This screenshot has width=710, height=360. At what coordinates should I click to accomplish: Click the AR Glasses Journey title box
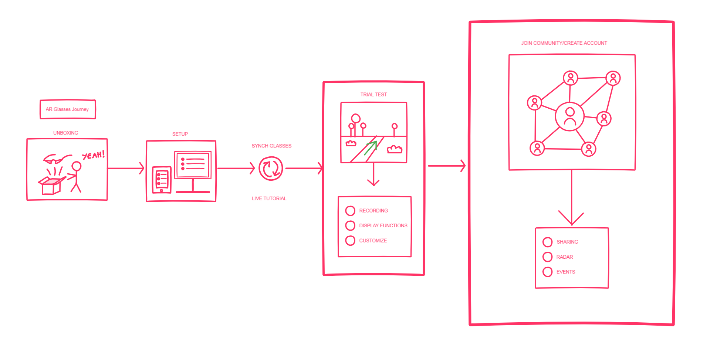pos(68,109)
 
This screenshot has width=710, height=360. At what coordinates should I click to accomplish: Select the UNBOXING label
pos(66,133)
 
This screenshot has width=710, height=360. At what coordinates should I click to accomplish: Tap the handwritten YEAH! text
pos(94,155)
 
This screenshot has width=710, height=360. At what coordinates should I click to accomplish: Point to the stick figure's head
pos(77,166)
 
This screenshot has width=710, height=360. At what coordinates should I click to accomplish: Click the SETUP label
pos(180,134)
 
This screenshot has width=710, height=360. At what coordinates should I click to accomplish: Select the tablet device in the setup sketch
pos(162,180)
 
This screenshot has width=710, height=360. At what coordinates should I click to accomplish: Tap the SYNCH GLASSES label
pos(272,146)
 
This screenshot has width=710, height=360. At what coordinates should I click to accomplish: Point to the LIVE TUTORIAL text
pos(269,198)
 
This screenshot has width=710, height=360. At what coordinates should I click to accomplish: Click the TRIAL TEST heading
pos(374,95)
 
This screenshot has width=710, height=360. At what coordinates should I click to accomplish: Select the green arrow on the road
pos(371,148)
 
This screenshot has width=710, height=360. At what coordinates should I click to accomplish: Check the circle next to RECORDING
pos(350,211)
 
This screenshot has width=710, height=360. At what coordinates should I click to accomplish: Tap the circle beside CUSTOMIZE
pos(350,241)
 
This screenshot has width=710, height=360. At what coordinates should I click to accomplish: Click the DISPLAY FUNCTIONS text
pos(383,226)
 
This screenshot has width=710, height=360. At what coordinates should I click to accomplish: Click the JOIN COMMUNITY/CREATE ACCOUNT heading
pos(564,43)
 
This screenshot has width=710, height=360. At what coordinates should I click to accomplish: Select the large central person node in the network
pos(570,116)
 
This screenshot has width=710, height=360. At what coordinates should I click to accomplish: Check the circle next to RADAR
pos(548,257)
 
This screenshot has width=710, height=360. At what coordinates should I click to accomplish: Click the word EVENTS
pos(566,272)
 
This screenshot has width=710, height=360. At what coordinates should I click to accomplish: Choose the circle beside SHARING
pos(548,242)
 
